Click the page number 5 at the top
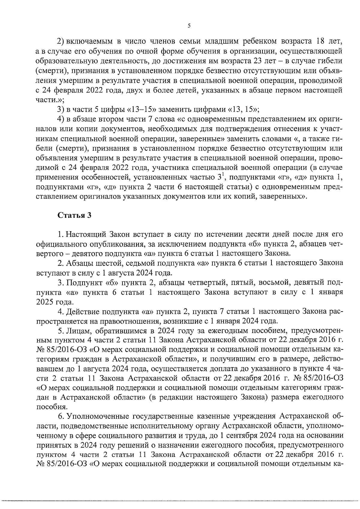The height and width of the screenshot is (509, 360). click(x=189, y=26)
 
